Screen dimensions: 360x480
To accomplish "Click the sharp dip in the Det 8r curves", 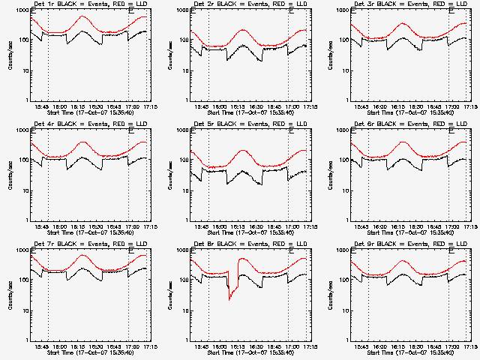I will pyautogui.click(x=230, y=298).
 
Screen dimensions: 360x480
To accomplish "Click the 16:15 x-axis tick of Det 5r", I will pyautogui.click(x=238, y=227).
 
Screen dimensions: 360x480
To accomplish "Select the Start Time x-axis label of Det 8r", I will pyautogui.click(x=245, y=352).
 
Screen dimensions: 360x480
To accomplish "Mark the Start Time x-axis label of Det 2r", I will pyautogui.click(x=245, y=112).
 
